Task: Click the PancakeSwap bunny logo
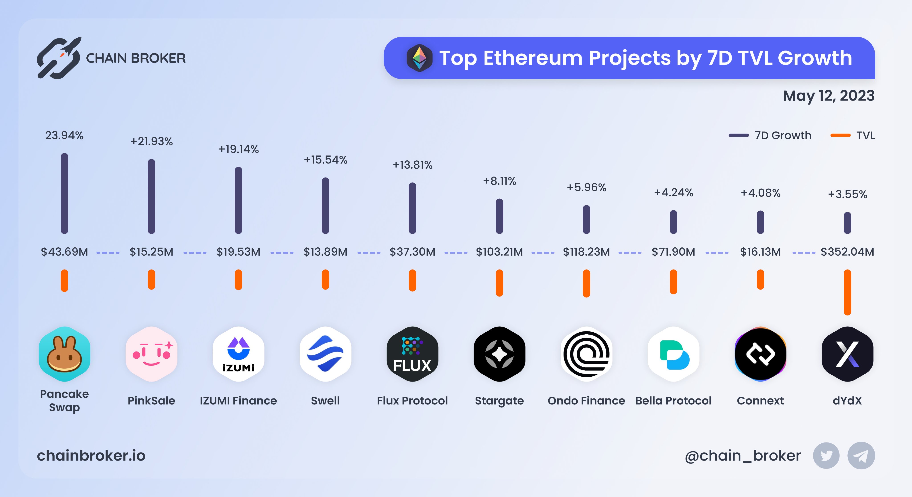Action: pyautogui.click(x=64, y=354)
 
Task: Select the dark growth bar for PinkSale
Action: pyautogui.click(x=152, y=196)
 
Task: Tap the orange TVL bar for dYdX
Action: pyautogui.click(x=847, y=292)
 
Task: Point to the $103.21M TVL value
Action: pyautogui.click(x=499, y=252)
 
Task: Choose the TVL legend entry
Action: pyautogui.click(x=853, y=135)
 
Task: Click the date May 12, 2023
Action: pyautogui.click(x=829, y=96)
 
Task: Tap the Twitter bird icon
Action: pyautogui.click(x=826, y=456)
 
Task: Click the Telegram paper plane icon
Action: pyautogui.click(x=861, y=456)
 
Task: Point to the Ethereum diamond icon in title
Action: pyautogui.click(x=419, y=58)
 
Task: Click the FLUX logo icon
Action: pyautogui.click(x=412, y=354)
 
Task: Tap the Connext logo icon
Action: pyautogui.click(x=760, y=354)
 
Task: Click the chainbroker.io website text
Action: pyautogui.click(x=91, y=456)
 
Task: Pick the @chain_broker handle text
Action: pyautogui.click(x=743, y=456)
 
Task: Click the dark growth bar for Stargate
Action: pyautogui.click(x=499, y=216)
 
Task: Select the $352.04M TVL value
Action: pyautogui.click(x=847, y=252)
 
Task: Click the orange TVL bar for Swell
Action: pyautogui.click(x=325, y=279)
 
